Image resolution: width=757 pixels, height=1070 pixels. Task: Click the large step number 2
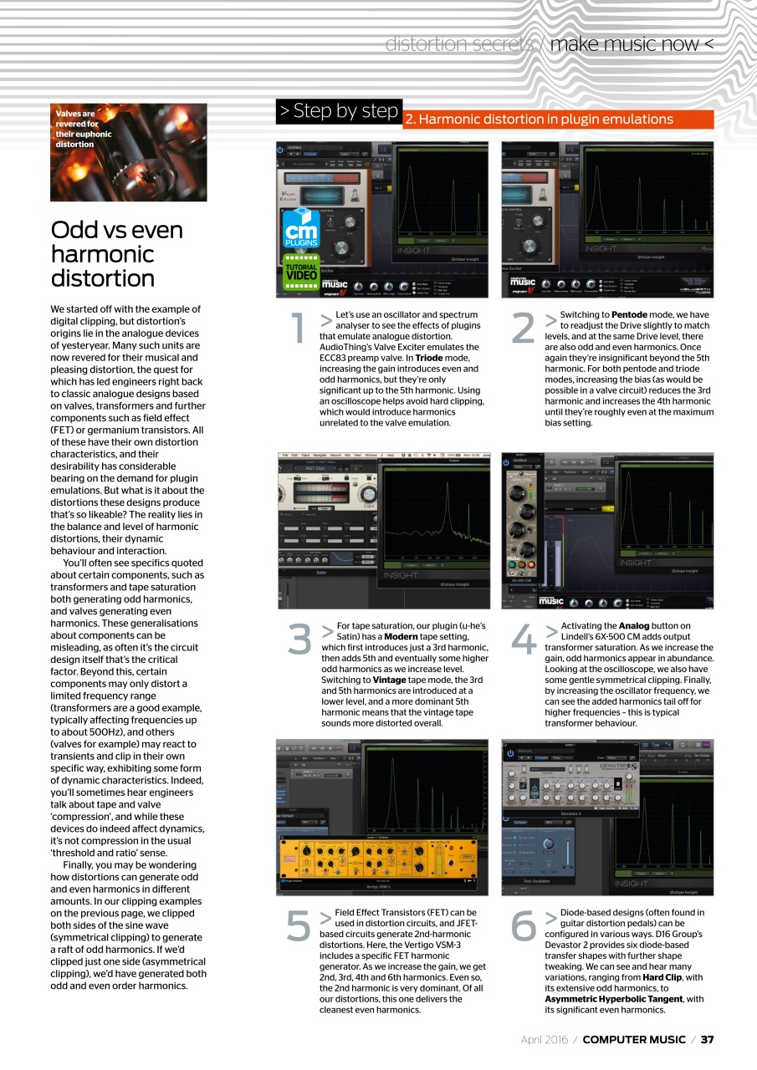pos(523,329)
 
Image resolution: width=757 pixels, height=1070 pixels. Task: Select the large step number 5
pos(298,925)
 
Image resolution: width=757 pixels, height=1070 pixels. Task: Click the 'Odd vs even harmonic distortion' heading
pos(116,253)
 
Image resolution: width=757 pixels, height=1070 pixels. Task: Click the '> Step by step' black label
pos(339,111)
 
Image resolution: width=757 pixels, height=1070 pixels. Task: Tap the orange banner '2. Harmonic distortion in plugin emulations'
pos(558,120)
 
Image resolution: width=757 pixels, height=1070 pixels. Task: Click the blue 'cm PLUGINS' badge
pos(302,227)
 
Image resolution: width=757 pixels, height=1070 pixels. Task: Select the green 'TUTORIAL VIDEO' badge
pos(301,268)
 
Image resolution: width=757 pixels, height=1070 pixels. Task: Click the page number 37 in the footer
pos(707,1039)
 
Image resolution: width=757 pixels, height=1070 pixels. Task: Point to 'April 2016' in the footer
pos(545,1039)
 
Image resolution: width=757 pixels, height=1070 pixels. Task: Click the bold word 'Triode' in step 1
pos(428,358)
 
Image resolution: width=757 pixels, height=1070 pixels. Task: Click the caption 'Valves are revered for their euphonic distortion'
pos(84,129)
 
